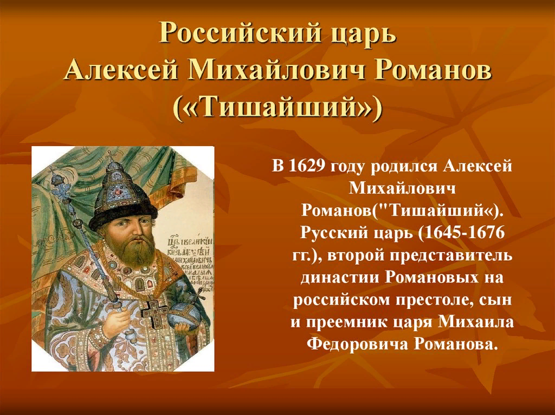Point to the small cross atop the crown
click(x=111, y=157)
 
